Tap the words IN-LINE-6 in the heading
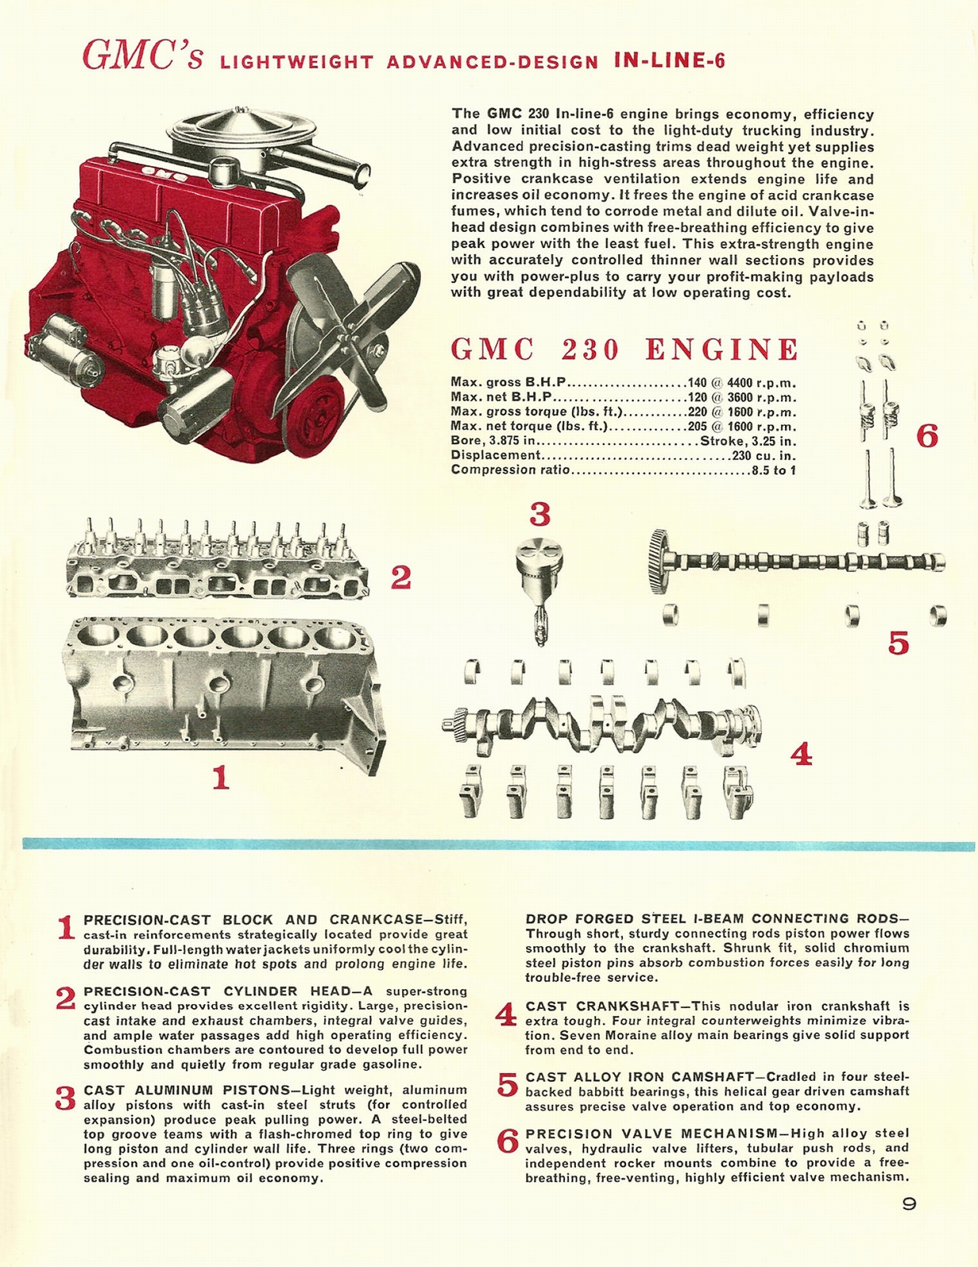coord(669,62)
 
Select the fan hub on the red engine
coord(347,341)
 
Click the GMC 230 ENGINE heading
coord(624,350)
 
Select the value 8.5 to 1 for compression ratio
coord(774,470)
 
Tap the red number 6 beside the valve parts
coord(927,436)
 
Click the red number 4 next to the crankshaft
coord(802,755)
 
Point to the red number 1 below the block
coord(221,778)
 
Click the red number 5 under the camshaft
coord(898,643)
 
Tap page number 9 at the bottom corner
coord(909,1204)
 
